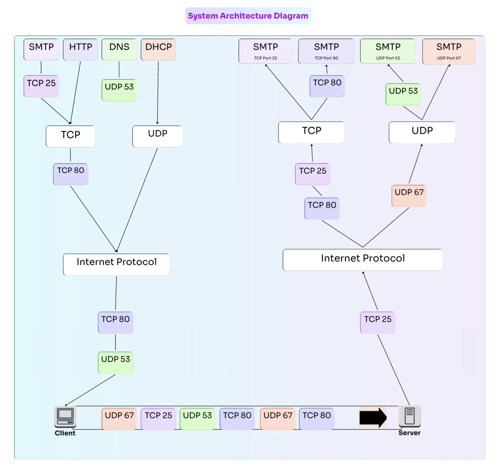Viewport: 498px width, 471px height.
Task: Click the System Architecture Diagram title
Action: [248, 16]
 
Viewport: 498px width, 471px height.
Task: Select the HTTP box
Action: [81, 49]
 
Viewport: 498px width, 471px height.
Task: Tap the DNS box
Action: [119, 49]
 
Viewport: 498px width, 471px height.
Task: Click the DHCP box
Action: [158, 49]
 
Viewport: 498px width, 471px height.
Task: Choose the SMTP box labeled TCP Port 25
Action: [265, 51]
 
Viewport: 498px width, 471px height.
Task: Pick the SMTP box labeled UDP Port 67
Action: [449, 51]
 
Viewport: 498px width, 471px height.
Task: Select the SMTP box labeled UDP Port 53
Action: [388, 51]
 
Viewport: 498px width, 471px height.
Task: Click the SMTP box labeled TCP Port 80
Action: [326, 51]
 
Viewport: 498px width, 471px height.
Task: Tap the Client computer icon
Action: [65, 416]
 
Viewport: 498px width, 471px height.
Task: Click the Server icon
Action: [410, 416]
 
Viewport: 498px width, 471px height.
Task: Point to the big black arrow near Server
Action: [373, 417]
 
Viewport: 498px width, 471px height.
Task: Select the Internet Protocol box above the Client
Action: [116, 264]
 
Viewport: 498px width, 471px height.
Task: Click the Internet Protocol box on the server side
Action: [363, 259]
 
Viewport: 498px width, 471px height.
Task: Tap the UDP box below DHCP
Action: [157, 136]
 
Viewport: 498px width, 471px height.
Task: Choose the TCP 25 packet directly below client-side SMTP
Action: [41, 86]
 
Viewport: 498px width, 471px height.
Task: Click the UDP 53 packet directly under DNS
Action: [119, 90]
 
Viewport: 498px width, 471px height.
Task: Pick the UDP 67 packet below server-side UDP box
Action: [409, 195]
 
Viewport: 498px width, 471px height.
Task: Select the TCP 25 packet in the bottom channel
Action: [158, 418]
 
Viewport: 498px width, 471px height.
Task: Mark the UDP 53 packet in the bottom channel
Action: [197, 418]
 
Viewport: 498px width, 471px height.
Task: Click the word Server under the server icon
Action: [409, 433]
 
